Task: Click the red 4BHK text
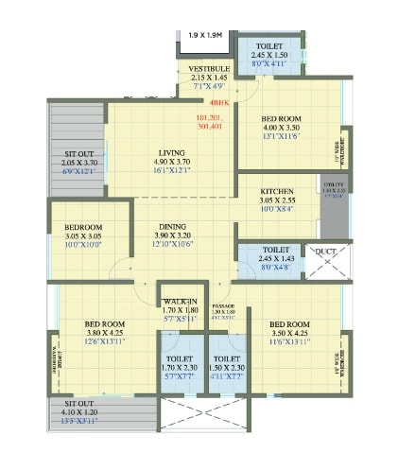(x=219, y=101)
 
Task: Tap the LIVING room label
(x=171, y=153)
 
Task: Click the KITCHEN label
(x=277, y=192)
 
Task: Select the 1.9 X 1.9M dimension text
(x=205, y=35)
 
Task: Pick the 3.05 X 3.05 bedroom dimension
(x=83, y=236)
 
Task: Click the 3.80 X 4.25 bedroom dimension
(x=104, y=332)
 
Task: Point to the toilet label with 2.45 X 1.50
(x=268, y=44)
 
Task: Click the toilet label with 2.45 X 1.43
(x=269, y=250)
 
